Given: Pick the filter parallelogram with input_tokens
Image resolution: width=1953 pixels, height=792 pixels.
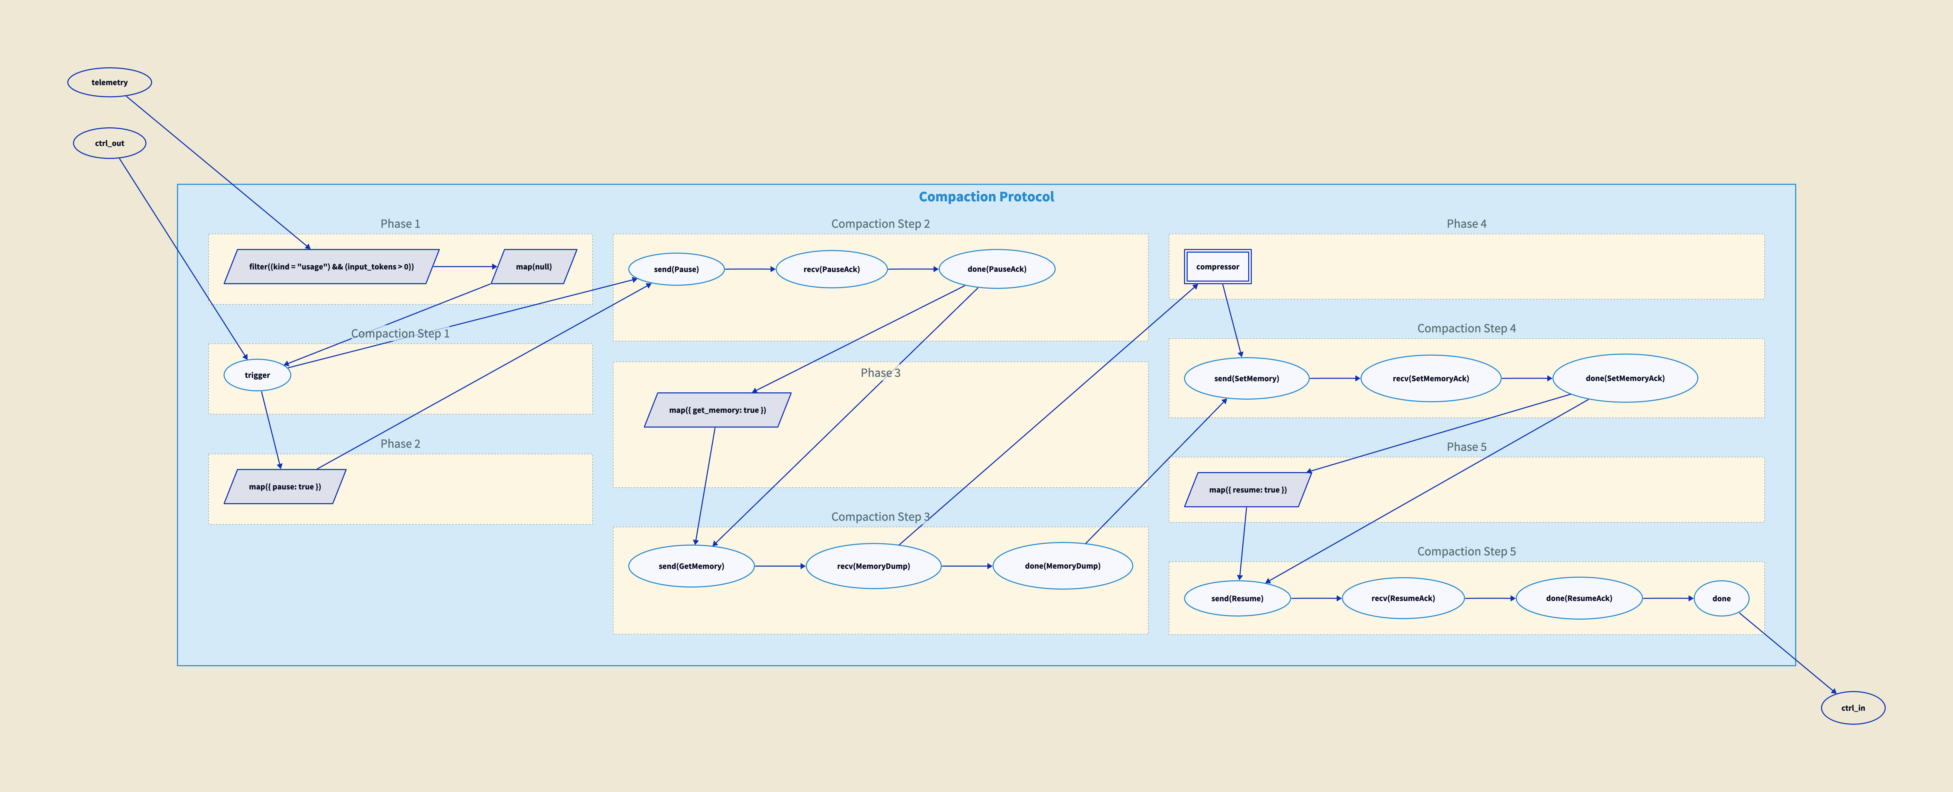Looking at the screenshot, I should [331, 266].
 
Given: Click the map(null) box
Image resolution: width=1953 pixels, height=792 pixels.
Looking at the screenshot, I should [534, 266].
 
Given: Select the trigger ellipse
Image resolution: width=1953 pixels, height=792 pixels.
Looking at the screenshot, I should [257, 375].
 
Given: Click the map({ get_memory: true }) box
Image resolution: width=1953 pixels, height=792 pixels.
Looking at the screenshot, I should [717, 410].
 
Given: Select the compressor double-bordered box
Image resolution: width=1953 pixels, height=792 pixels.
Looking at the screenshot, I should [1218, 266].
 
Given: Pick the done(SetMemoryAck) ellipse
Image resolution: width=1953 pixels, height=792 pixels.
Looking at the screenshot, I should [1625, 378].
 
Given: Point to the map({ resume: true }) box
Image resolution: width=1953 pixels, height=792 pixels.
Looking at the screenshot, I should [1247, 489].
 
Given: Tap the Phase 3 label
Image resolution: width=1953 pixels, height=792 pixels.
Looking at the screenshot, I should [880, 372].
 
